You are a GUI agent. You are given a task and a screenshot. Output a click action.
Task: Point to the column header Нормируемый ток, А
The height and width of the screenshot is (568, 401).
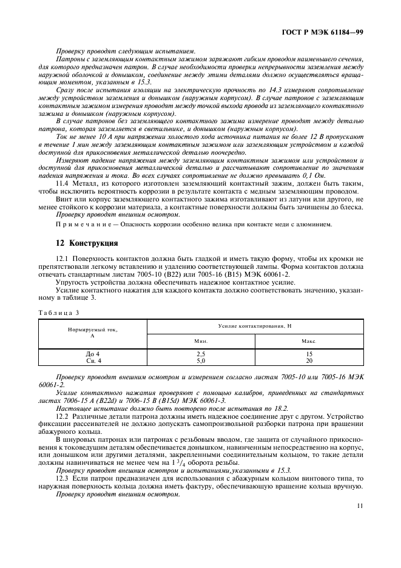(92, 333)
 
